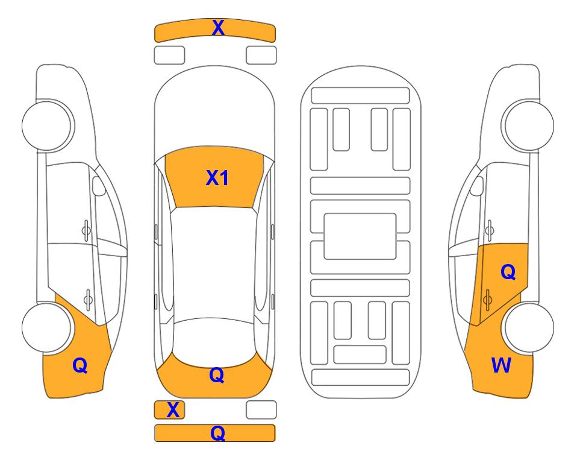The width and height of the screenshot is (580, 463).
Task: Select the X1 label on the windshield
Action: (217, 178)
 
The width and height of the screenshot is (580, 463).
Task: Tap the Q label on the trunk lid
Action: (217, 375)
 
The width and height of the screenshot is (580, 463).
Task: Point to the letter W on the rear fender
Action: (501, 365)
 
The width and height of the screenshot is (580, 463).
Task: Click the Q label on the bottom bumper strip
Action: (218, 433)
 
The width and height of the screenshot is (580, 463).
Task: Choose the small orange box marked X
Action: (169, 410)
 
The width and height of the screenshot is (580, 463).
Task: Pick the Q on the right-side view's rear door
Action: (508, 272)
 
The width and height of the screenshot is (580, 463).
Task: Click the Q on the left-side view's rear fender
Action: (80, 366)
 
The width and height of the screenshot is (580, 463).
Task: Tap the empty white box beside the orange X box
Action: (261, 410)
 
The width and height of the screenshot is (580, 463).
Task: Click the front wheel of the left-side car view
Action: (47, 125)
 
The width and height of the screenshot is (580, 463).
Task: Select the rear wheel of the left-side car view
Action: (47, 327)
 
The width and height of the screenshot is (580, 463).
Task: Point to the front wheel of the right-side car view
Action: (528, 125)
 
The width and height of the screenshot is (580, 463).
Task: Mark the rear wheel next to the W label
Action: (528, 327)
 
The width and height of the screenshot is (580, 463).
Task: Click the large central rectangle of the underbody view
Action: (360, 236)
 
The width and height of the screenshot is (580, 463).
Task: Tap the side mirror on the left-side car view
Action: (99, 186)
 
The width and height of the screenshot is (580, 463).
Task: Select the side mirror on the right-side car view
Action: (476, 186)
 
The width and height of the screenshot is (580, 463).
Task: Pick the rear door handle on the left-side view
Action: (88, 299)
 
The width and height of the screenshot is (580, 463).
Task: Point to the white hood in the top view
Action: (214, 111)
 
